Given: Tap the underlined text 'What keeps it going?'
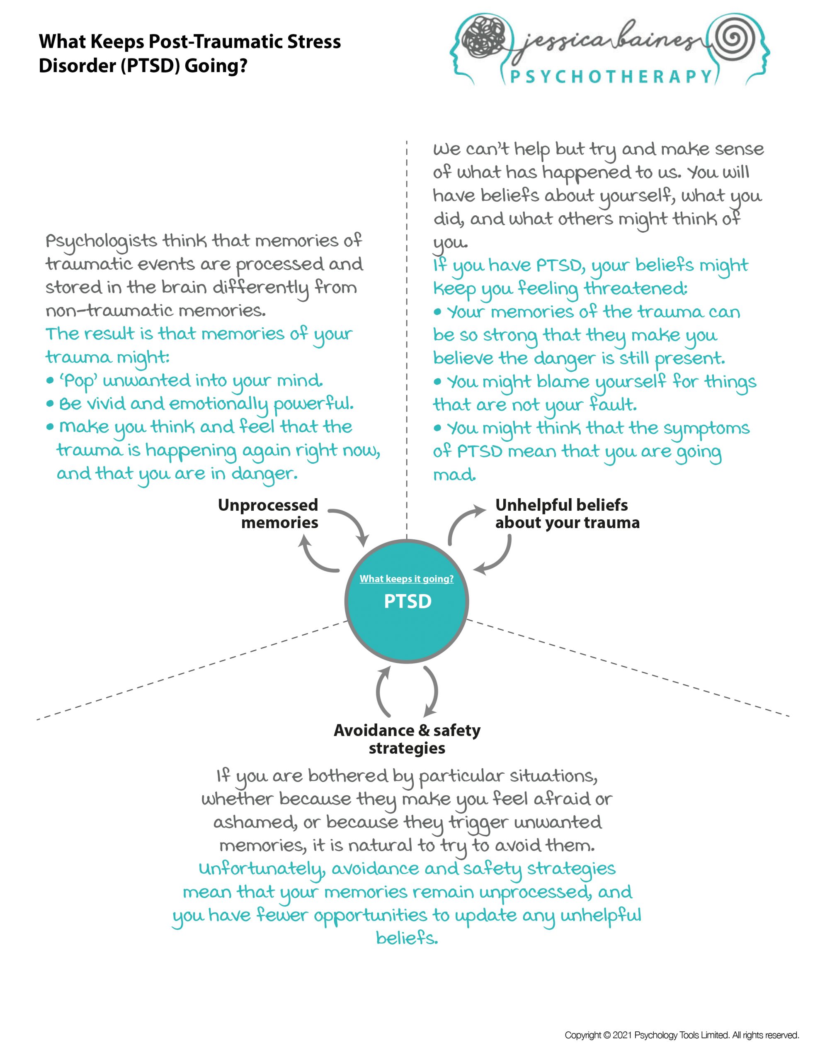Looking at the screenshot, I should point(406,579).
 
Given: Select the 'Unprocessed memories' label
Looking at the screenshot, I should point(268,514).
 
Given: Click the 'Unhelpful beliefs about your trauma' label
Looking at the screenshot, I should point(567,514).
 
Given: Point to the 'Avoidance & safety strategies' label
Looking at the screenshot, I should point(407,739).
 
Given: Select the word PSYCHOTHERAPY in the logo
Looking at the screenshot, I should point(611,77).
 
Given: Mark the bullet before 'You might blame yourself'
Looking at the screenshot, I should point(437,382).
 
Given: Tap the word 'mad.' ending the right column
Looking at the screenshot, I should point(454,475).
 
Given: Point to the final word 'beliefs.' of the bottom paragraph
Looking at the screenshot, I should point(407,938).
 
